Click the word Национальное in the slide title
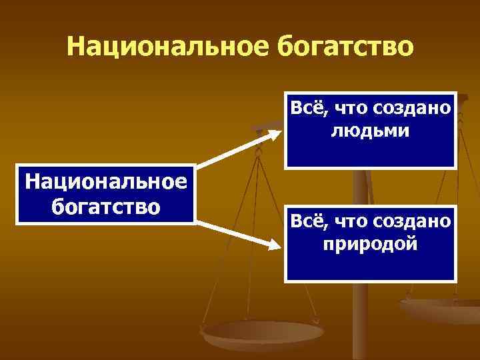click(159, 47)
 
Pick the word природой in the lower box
click(370, 243)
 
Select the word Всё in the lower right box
click(305, 221)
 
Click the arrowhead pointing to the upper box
click(273, 133)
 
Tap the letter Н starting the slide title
click(75, 47)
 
